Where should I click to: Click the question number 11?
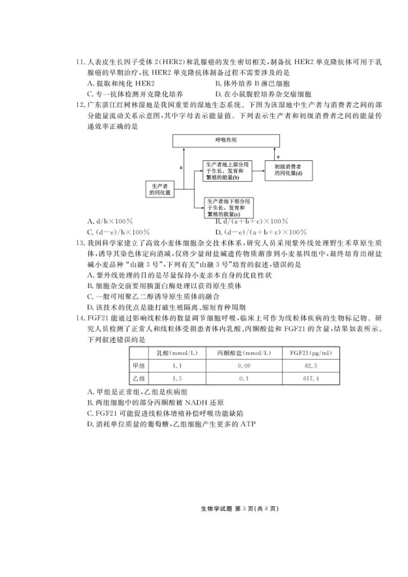click(x=80, y=62)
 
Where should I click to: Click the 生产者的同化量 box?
click(x=160, y=189)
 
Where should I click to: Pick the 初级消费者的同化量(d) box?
click(x=287, y=170)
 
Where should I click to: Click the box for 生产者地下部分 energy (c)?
click(x=230, y=207)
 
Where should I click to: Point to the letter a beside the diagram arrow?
click(x=180, y=167)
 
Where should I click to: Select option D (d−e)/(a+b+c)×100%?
click(x=260, y=232)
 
